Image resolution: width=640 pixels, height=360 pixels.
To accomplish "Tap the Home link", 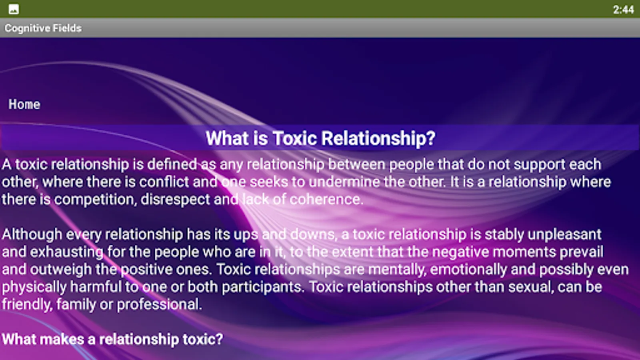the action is pos(24,104).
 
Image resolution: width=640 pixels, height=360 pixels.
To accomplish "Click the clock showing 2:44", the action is pos(623,10).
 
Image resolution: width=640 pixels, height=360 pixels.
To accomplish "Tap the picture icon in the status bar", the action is pos(14,9).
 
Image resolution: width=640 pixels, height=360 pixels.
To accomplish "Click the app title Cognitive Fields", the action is pos(43,28).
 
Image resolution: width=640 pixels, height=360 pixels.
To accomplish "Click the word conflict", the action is pos(164,182).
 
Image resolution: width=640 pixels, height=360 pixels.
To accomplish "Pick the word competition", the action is pos(94,200).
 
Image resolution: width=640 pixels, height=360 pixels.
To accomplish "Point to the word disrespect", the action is pos(176,200).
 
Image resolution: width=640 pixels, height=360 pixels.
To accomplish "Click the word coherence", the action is pos(326,199).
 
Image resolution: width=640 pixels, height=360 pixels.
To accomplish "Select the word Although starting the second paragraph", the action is pos(32,234).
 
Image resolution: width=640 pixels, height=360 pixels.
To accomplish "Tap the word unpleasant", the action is pos(564,234).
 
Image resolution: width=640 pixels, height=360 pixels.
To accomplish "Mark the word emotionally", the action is pos(468,270).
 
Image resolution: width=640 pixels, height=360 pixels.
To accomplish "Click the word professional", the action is pos(160,304).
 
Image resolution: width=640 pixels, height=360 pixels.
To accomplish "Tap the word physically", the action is pos(34,287).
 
